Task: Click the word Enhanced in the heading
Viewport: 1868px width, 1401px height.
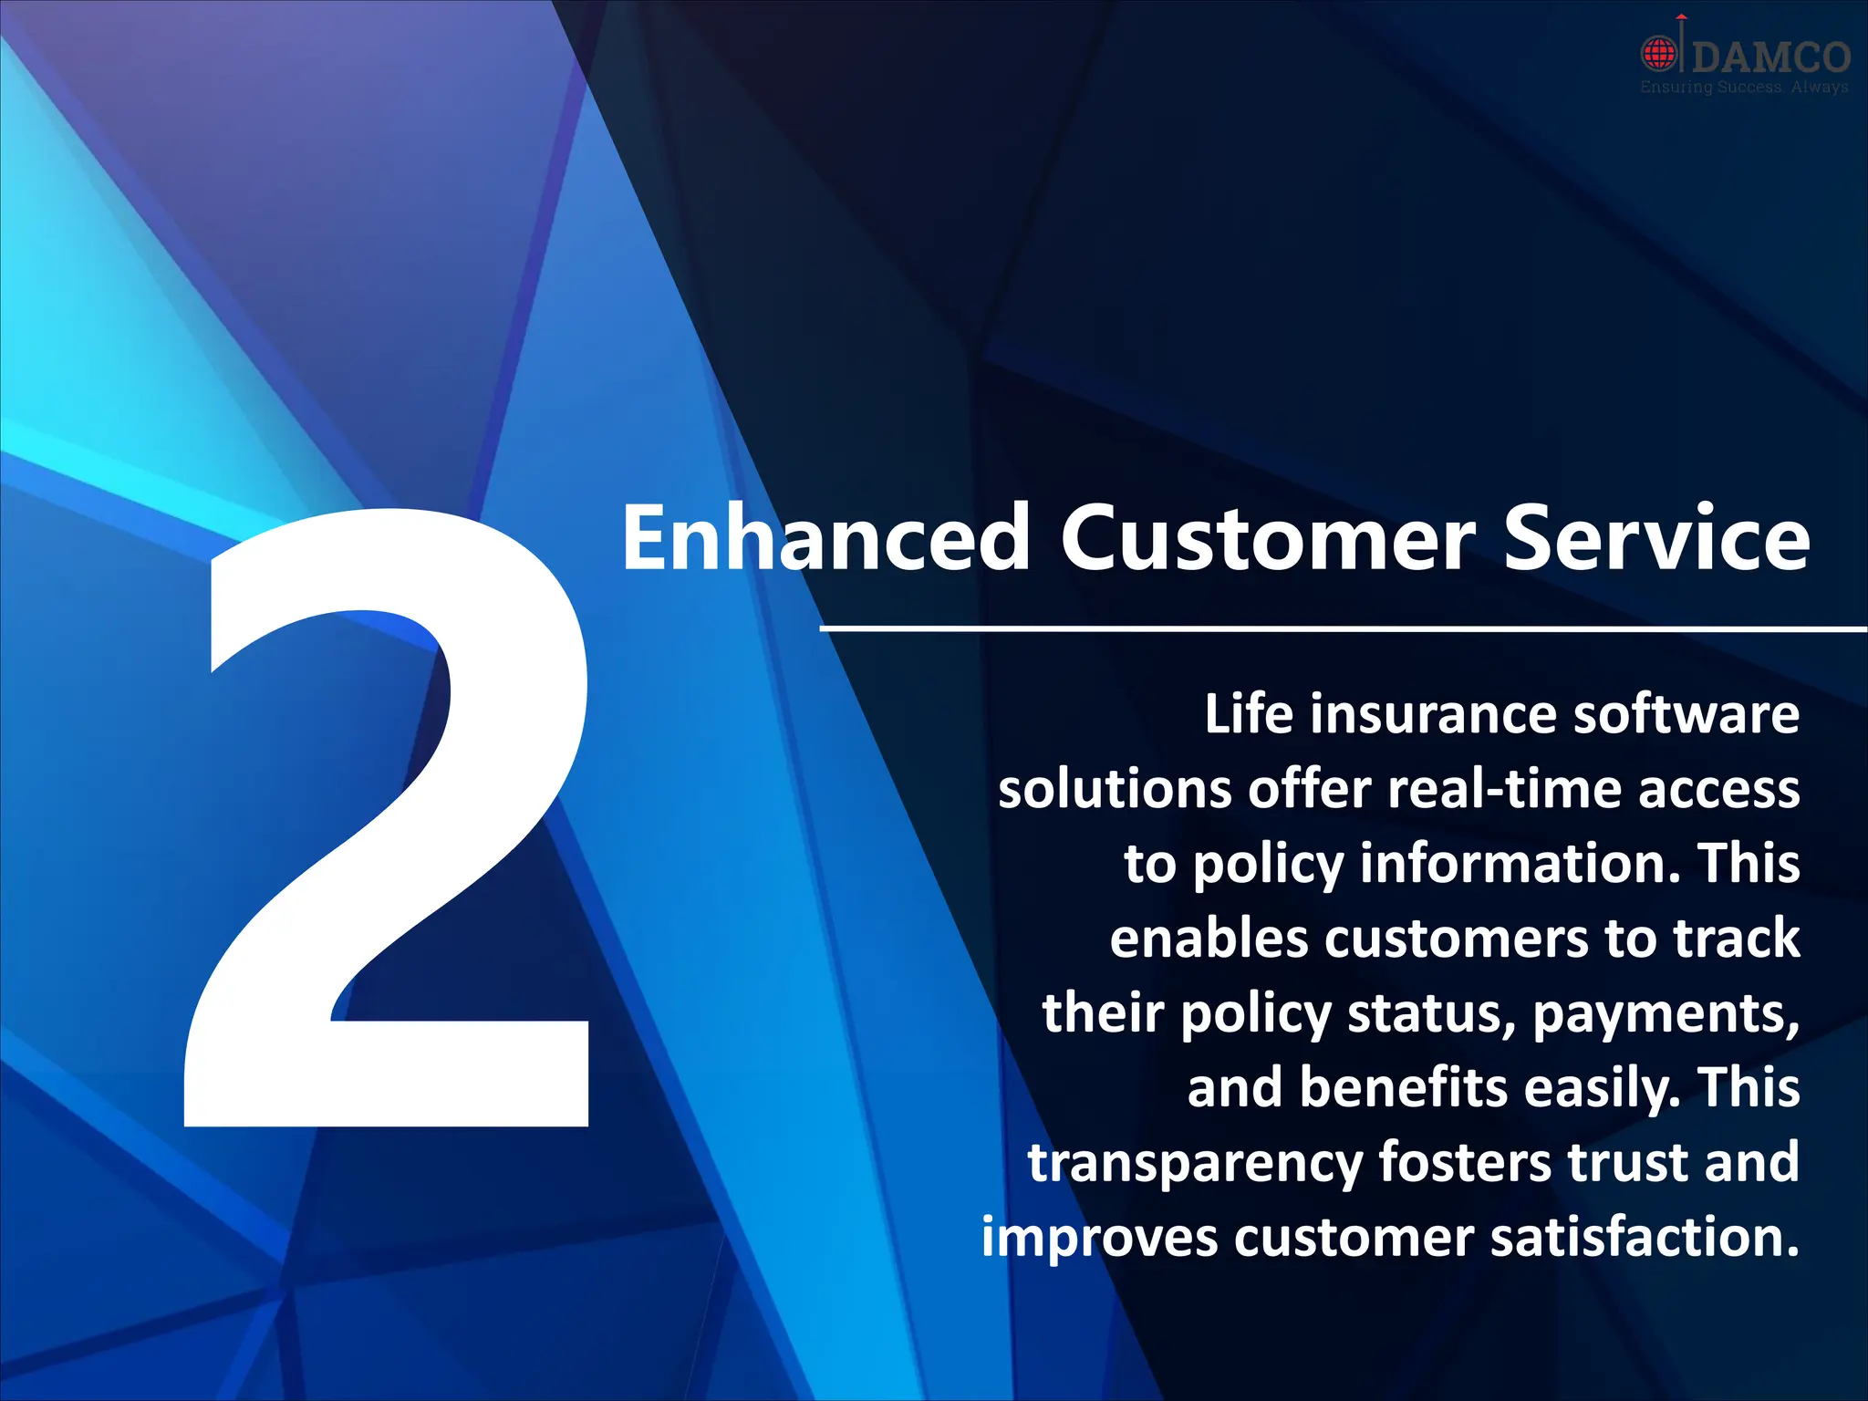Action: click(825, 540)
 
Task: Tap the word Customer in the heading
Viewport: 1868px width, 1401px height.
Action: click(1267, 540)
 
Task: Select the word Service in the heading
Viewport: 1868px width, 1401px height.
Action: click(1655, 540)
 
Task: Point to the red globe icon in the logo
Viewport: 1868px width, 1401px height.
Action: click(1660, 53)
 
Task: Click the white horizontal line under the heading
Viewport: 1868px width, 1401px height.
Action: click(1341, 628)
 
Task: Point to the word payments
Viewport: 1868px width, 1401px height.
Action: click(1666, 1014)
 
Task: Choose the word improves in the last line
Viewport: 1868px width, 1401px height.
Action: click(1099, 1239)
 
